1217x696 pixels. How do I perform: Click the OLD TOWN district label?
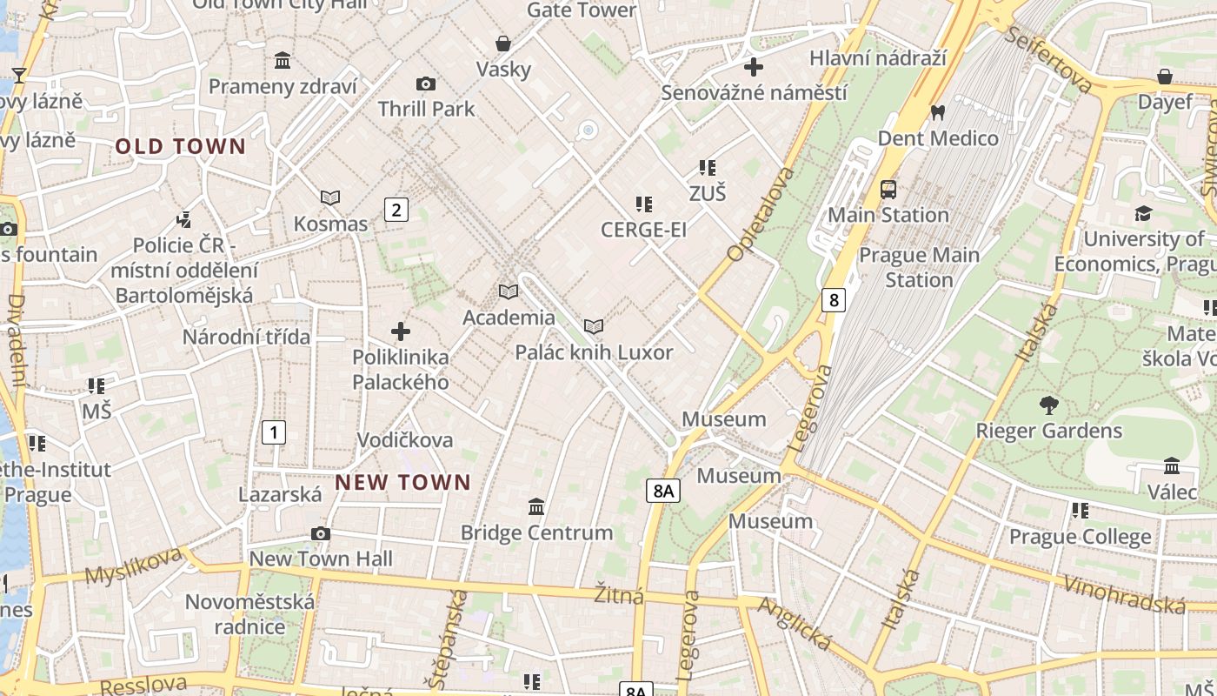[x=181, y=147]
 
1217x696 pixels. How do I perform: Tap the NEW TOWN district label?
[x=403, y=482]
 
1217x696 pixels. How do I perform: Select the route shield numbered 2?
[x=396, y=209]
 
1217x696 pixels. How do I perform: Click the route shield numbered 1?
[x=274, y=432]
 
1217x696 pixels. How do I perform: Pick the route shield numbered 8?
[x=834, y=300]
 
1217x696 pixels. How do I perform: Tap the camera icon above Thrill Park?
[x=425, y=84]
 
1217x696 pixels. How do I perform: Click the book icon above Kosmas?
[x=330, y=198]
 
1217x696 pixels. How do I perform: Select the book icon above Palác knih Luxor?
[x=594, y=326]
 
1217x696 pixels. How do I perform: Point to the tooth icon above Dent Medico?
[x=937, y=112]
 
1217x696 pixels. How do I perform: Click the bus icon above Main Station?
[x=888, y=189]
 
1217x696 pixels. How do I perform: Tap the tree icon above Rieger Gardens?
[x=1048, y=405]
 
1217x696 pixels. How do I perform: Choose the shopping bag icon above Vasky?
[x=502, y=43]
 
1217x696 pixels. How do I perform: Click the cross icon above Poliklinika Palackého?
[x=401, y=331]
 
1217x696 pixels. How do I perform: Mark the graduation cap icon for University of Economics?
[x=1143, y=213]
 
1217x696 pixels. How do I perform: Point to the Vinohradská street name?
[x=1125, y=593]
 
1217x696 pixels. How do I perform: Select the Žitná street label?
[x=619, y=596]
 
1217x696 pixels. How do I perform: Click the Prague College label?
[x=1080, y=538]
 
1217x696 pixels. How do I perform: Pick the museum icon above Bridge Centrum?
[x=536, y=506]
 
